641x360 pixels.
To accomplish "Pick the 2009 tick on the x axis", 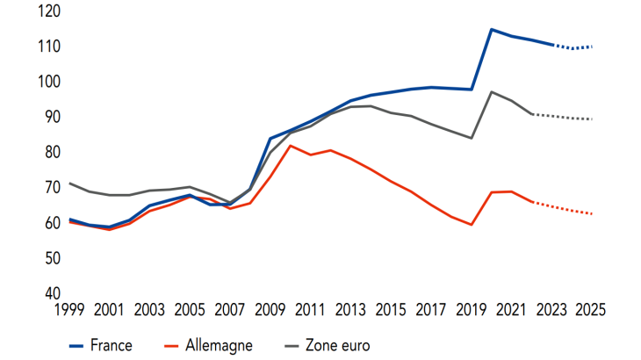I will click(x=270, y=310).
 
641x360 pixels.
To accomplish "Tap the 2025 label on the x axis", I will click(x=589, y=310).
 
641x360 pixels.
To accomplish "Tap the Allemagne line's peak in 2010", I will click(x=292, y=145).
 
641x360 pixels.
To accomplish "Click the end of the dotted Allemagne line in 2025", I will click(x=593, y=214).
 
